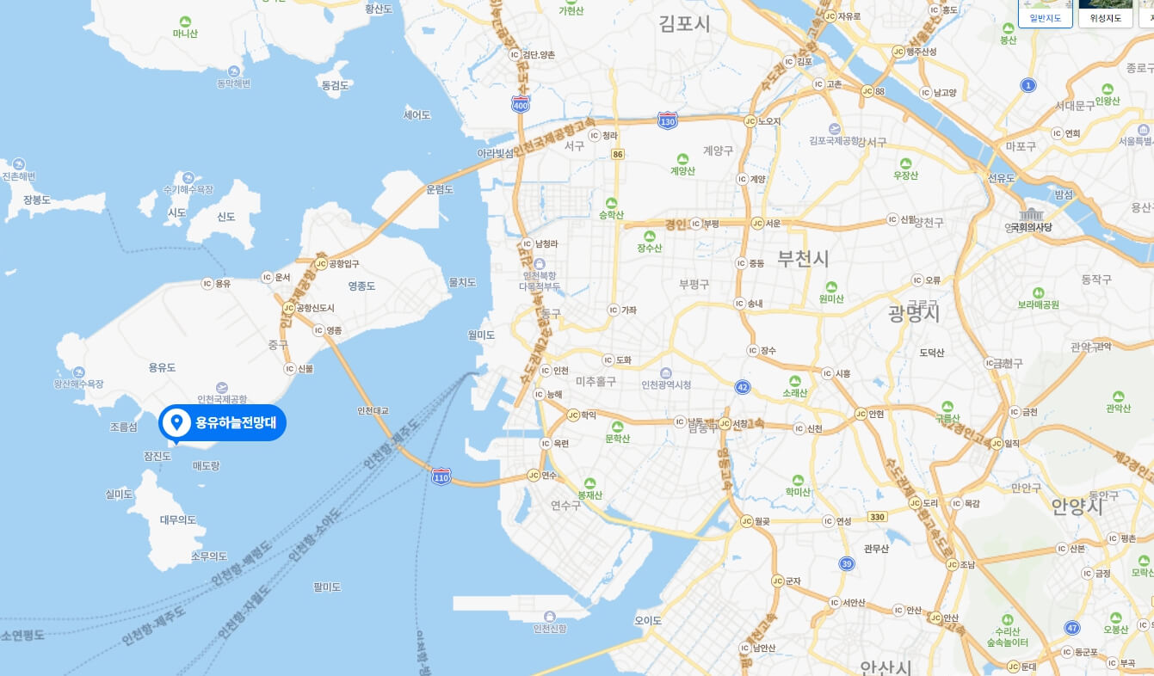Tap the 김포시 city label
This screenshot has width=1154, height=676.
685,23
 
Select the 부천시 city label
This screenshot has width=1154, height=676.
803,258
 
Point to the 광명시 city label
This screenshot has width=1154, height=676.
914,314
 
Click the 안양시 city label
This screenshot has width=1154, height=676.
1077,506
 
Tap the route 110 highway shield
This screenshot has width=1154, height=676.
441,476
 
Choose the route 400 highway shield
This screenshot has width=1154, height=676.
520,105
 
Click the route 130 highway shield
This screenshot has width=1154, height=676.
667,121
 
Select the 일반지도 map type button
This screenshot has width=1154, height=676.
1046,17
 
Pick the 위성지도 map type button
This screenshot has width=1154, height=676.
1106,17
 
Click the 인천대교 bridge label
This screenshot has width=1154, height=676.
373,410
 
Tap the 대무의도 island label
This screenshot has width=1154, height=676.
178,519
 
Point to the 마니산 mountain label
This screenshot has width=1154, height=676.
185,34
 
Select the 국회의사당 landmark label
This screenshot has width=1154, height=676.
1031,227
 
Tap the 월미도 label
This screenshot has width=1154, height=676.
481,335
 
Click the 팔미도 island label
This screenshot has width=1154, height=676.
328,587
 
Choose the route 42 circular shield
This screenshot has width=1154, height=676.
743,388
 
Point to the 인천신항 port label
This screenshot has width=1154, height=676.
550,628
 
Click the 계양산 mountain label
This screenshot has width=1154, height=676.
682,170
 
